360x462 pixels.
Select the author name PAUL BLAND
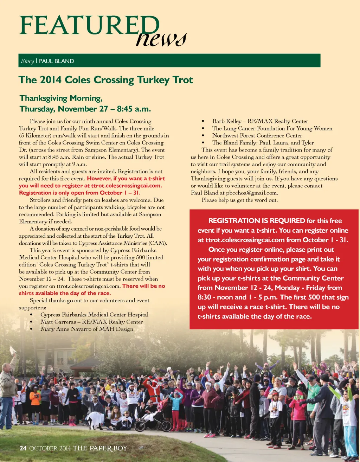56,61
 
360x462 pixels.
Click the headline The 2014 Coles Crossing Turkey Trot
106,80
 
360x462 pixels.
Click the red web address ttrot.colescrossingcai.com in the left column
126,186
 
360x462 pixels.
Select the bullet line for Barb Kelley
260,121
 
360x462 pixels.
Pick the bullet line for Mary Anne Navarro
86,329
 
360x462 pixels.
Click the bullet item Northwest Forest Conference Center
257,135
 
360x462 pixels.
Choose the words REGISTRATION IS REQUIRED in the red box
257,221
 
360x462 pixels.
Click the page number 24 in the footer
23,448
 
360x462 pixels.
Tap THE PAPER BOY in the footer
100,448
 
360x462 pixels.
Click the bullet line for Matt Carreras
91,322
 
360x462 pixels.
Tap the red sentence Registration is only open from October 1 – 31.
79,193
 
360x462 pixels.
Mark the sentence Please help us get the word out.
239,200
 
